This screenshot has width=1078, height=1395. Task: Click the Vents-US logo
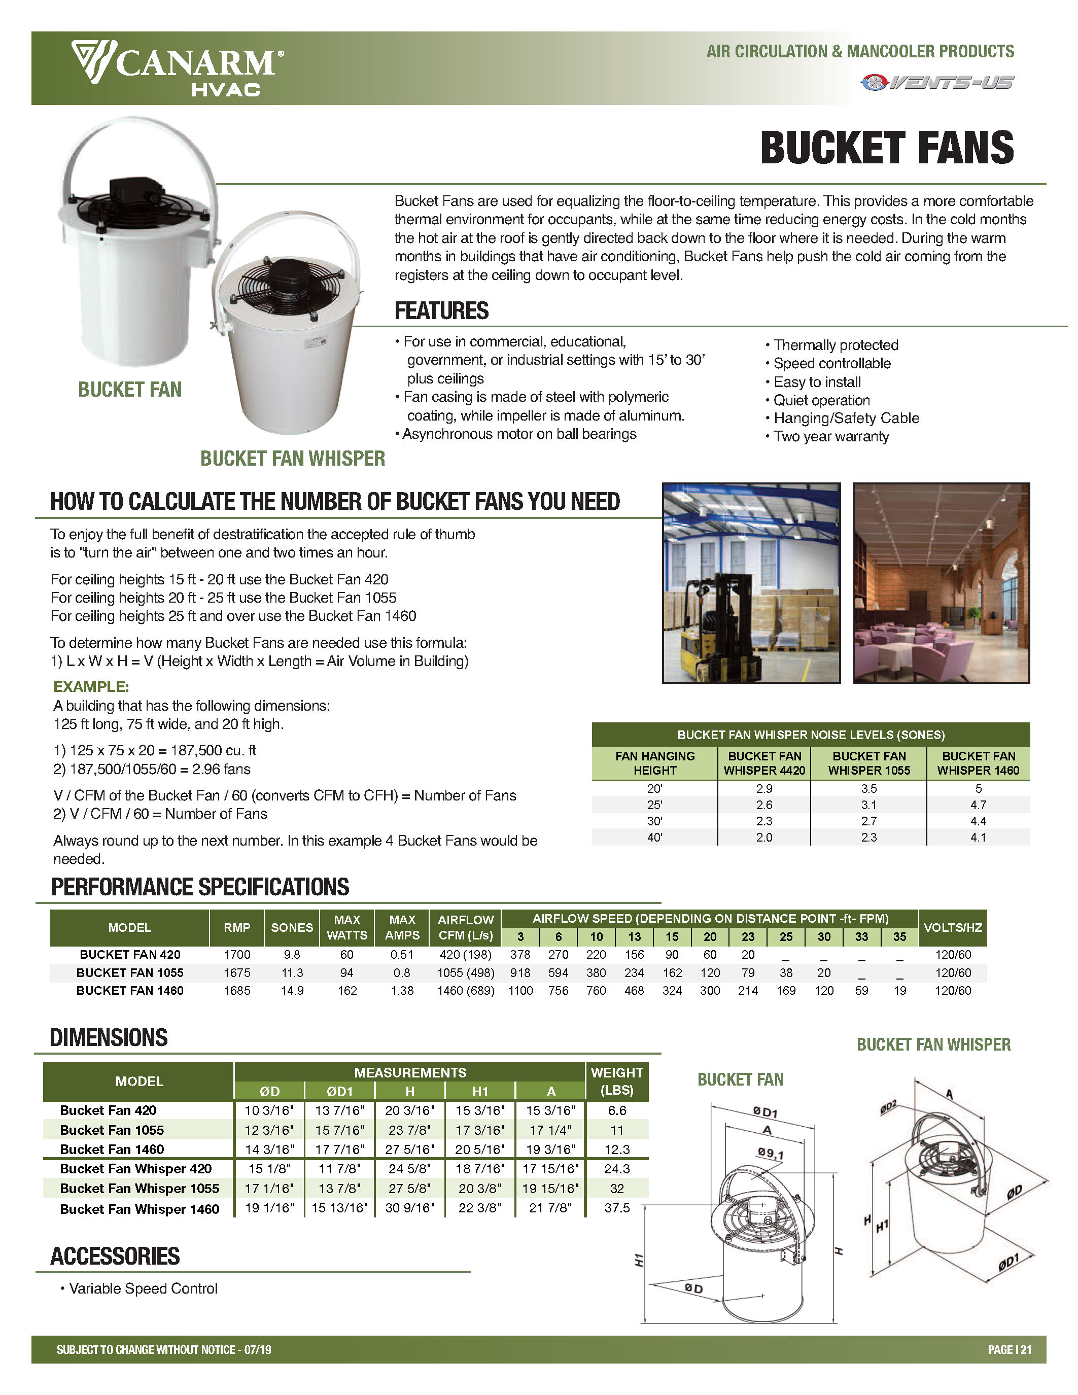937,82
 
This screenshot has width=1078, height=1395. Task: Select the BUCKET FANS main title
886,148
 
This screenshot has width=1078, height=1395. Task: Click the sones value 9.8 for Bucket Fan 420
292,954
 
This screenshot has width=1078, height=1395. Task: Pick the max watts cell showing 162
347,991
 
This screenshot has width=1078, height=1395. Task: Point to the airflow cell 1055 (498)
466,973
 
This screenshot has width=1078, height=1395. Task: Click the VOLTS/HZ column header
952,927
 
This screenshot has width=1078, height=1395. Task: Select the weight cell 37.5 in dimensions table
617,1208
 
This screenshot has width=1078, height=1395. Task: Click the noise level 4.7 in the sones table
978,805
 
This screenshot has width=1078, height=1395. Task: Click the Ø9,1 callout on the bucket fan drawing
771,1154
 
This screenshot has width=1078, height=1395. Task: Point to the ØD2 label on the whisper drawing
888,1107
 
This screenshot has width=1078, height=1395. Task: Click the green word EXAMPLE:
91,687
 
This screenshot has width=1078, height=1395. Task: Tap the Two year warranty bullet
831,437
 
